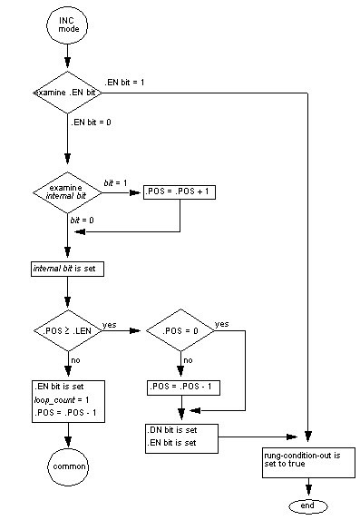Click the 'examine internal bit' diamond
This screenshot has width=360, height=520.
coord(68,191)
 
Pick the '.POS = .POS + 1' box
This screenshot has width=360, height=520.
coord(179,191)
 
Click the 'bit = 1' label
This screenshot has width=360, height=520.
coord(117,182)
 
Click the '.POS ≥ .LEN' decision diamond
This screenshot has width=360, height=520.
coord(68,333)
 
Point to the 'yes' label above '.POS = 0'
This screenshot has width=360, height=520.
coord(222,324)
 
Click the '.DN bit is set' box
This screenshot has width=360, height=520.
coord(180,437)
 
